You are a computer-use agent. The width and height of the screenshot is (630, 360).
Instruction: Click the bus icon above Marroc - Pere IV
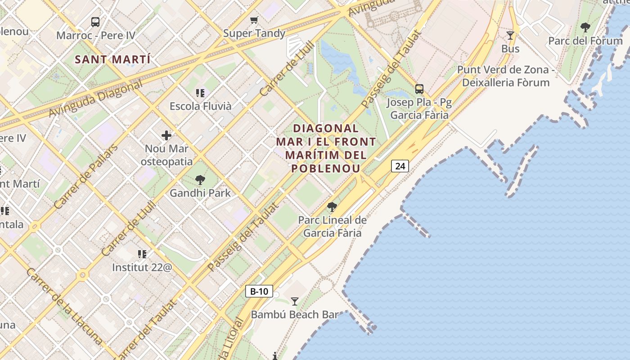pos(95,22)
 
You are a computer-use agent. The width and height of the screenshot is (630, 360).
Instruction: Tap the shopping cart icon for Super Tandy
pos(254,20)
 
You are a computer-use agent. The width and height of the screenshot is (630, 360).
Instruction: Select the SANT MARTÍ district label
pos(112,59)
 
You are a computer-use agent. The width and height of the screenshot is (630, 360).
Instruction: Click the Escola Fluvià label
pos(200,106)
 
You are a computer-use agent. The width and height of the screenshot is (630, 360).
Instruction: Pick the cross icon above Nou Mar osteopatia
pos(166,135)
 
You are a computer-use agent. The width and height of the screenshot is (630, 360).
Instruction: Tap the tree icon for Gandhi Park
pos(200,180)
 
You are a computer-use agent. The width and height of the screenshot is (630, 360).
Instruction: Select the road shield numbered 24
pos(400,166)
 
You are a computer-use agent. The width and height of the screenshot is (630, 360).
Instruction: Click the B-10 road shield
pos(259,291)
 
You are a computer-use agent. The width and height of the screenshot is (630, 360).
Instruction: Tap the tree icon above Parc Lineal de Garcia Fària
pos(332,207)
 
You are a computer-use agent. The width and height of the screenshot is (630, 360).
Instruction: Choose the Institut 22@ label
pos(142,267)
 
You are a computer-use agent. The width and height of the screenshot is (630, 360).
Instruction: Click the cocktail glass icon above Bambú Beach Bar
pos(295,301)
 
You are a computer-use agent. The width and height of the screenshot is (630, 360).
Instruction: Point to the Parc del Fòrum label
pos(585,41)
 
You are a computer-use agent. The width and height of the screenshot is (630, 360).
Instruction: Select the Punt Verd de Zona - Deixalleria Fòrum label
pos(506,76)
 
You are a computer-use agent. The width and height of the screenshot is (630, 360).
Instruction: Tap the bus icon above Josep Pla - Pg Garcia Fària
pos(419,89)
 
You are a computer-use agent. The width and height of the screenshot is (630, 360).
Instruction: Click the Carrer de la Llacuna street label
pos(63,306)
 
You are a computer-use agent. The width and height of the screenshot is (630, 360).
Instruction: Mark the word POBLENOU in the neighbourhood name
pos(326,168)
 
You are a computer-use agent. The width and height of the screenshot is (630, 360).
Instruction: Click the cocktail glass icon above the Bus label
pos(510,35)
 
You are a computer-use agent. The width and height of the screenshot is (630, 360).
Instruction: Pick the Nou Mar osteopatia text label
pos(166,155)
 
